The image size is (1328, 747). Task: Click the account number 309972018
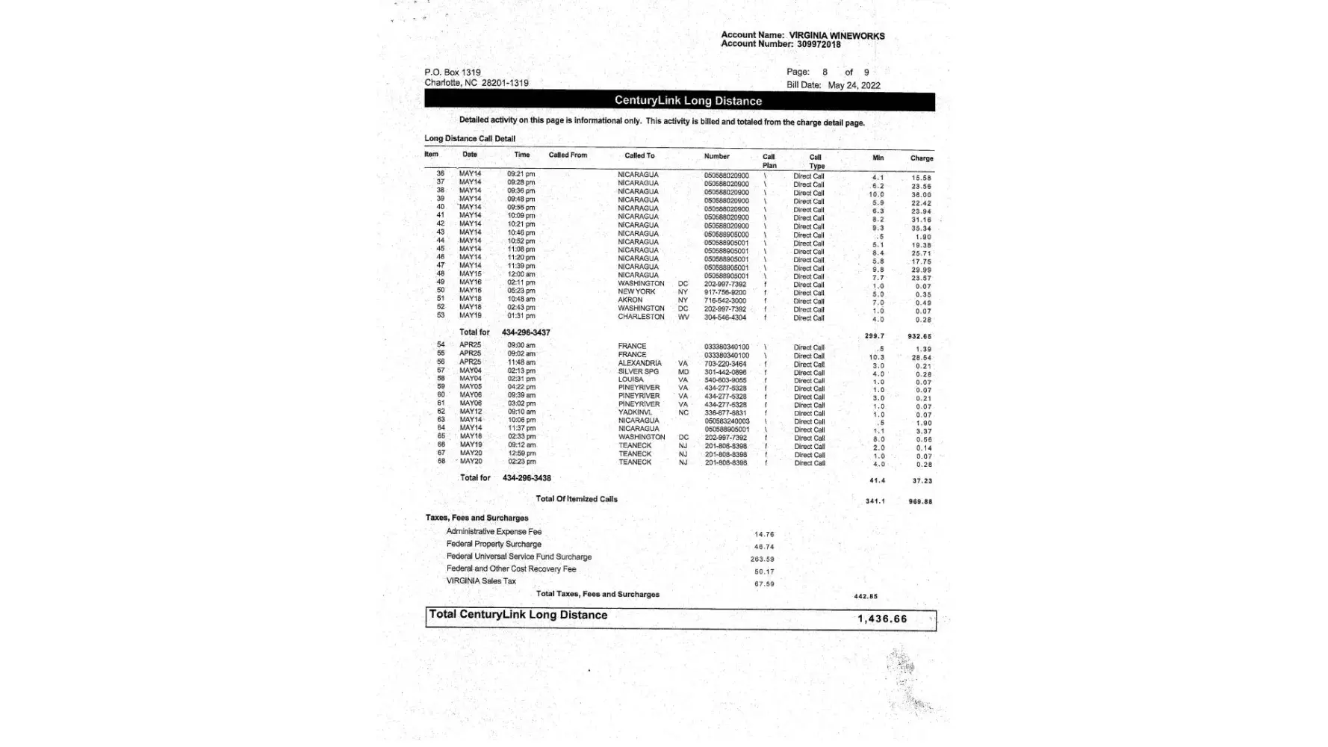[818, 45]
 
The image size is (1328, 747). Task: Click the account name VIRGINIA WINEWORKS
[837, 35]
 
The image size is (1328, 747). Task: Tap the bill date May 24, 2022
[854, 85]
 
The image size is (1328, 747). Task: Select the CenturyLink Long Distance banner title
[688, 101]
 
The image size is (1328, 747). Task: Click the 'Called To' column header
[639, 155]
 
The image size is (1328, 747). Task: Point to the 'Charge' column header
[921, 158]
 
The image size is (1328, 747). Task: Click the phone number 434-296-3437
[526, 332]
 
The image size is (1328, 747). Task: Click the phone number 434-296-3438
[527, 478]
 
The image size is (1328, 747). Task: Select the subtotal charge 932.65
[919, 337]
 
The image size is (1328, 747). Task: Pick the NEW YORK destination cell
[636, 291]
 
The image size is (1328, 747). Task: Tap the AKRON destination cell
[630, 300]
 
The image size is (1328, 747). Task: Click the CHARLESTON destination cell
[641, 317]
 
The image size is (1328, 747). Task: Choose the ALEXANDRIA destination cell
[639, 363]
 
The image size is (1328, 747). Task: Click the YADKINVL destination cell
[635, 412]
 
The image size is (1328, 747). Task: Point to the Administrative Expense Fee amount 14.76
[764, 535]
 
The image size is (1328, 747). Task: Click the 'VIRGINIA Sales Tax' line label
[481, 581]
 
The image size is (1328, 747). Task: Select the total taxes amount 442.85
[866, 597]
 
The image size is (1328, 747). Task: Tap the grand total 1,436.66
[882, 619]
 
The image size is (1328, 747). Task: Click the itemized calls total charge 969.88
[920, 502]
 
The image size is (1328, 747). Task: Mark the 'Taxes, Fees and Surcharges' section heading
[477, 518]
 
